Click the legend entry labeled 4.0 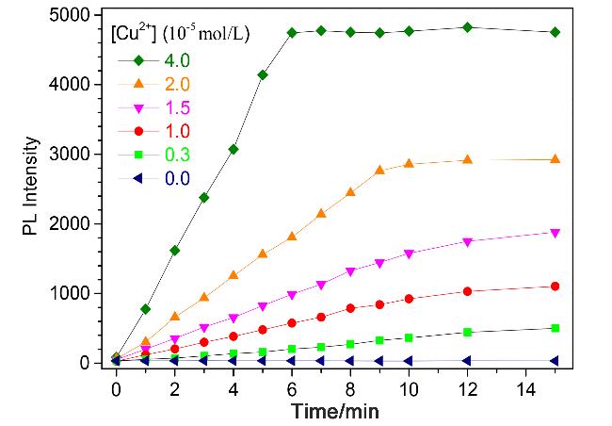(x=177, y=60)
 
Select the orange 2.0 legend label (x=177, y=84)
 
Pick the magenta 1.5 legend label (x=177, y=107)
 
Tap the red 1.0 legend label (x=177, y=131)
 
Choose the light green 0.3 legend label (x=177, y=155)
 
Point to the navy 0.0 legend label (x=177, y=179)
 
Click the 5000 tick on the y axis (x=70, y=15)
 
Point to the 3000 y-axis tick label (x=70, y=155)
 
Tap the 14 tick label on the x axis (x=525, y=389)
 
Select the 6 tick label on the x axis (x=292, y=389)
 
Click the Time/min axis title (x=335, y=411)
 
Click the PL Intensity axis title (x=30, y=186)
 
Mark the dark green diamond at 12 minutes (x=467, y=27)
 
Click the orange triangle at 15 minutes (x=555, y=159)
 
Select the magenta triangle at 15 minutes (x=555, y=234)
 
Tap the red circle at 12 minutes (x=467, y=291)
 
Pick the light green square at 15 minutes (x=555, y=328)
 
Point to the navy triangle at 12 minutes (x=467, y=360)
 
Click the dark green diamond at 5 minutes (x=263, y=75)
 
